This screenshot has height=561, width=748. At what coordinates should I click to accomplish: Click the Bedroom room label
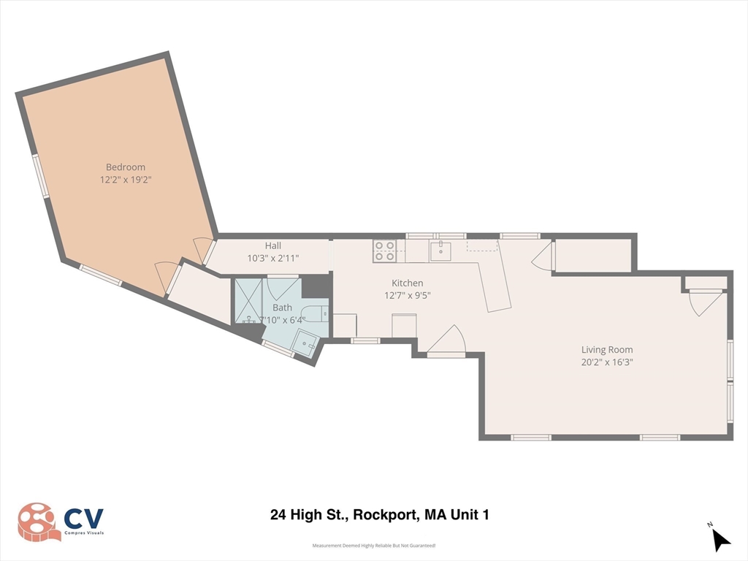pos(126,167)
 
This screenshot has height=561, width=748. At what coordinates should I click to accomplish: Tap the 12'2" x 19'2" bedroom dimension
pos(126,180)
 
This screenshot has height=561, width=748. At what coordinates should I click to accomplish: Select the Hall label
pos(273,245)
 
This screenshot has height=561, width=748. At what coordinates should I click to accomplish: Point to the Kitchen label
pos(408,283)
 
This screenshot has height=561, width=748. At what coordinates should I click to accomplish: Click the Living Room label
pos(607,350)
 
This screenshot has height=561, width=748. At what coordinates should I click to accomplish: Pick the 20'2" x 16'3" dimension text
pos(607,362)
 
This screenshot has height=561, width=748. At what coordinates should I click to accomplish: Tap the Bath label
pos(282,308)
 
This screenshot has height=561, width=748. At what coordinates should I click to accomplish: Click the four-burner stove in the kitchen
pos(384,251)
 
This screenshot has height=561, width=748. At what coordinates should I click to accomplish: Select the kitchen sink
pos(440,251)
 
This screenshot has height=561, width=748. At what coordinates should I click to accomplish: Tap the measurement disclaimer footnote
pos(374,546)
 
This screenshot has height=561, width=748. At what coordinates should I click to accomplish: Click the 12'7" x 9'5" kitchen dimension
pos(408,295)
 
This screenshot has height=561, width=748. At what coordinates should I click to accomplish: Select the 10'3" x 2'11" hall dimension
pos(273,258)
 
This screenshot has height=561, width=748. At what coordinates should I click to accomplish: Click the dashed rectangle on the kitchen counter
pos(482,245)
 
